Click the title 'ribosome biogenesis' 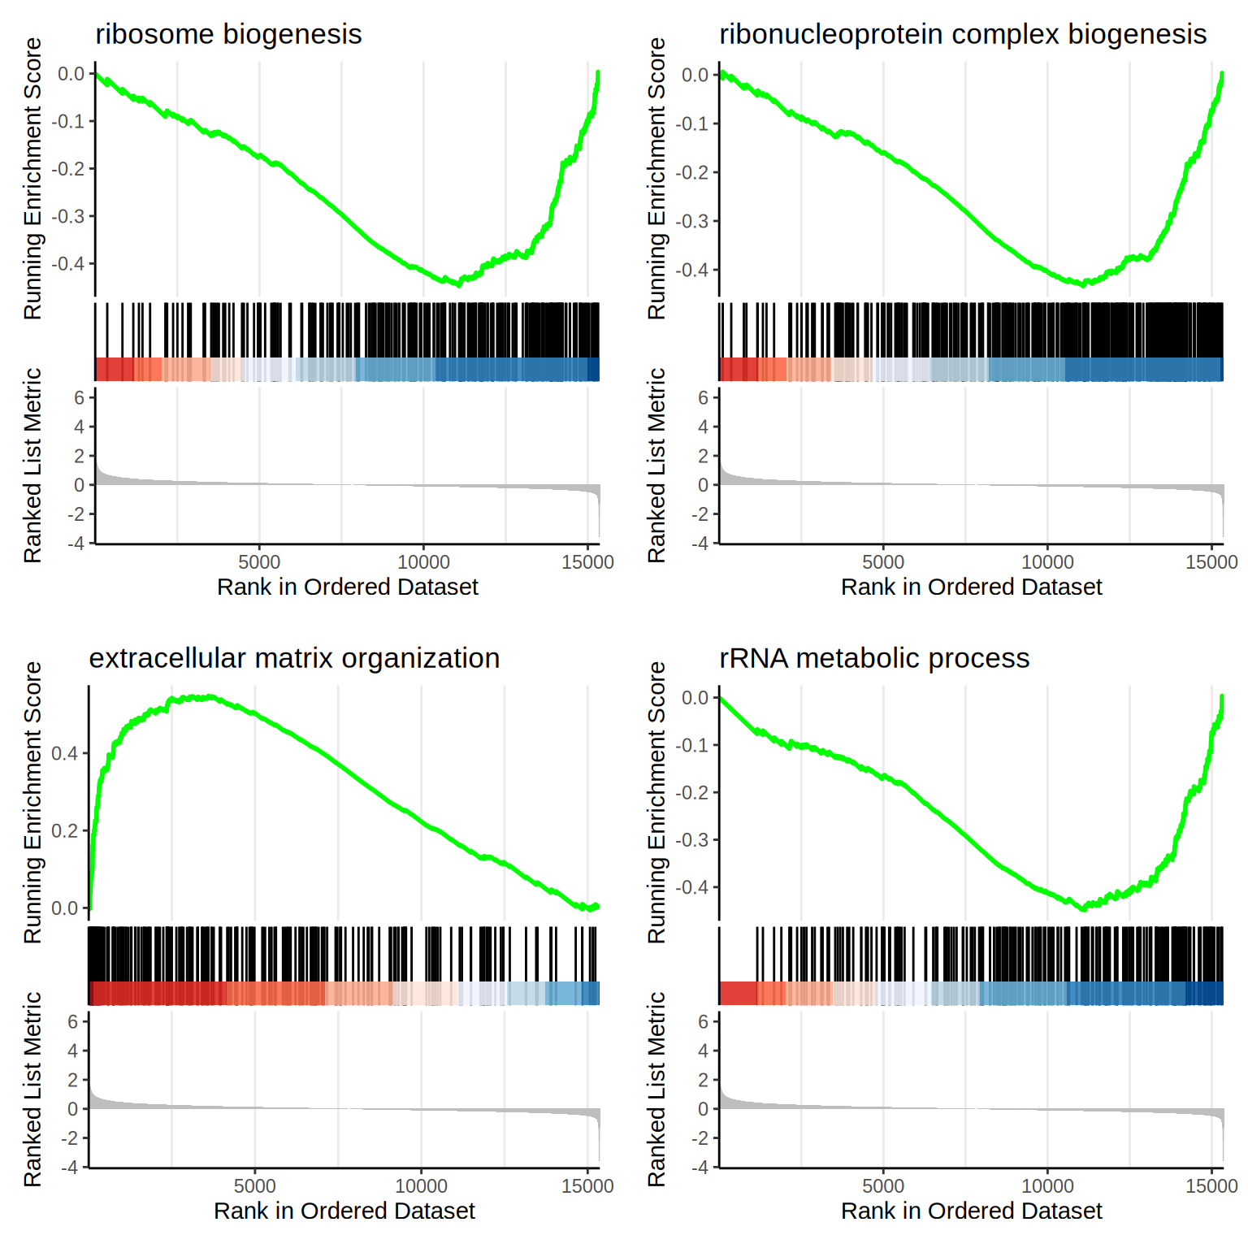pyautogui.click(x=228, y=34)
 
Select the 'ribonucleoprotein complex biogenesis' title pyautogui.click(x=963, y=34)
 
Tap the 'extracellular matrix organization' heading pyautogui.click(x=294, y=658)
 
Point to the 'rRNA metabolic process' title pyautogui.click(x=874, y=658)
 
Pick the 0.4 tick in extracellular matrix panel pyautogui.click(x=65, y=753)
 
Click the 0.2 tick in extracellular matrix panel pyautogui.click(x=65, y=830)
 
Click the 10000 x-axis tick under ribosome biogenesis pyautogui.click(x=423, y=562)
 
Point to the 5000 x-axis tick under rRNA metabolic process pyautogui.click(x=883, y=1186)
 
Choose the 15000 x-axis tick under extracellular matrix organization pyautogui.click(x=587, y=1186)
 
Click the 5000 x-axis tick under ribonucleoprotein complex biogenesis pyautogui.click(x=883, y=562)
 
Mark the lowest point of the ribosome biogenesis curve pyautogui.click(x=459, y=284)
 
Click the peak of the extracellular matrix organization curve pyautogui.click(x=210, y=696)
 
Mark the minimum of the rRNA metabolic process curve pyautogui.click(x=1084, y=908)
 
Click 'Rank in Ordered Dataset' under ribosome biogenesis pyautogui.click(x=348, y=587)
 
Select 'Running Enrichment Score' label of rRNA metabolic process pyautogui.click(x=656, y=803)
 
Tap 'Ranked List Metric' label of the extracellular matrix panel pyautogui.click(x=32, y=1089)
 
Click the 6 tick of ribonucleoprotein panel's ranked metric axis pyautogui.click(x=703, y=398)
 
